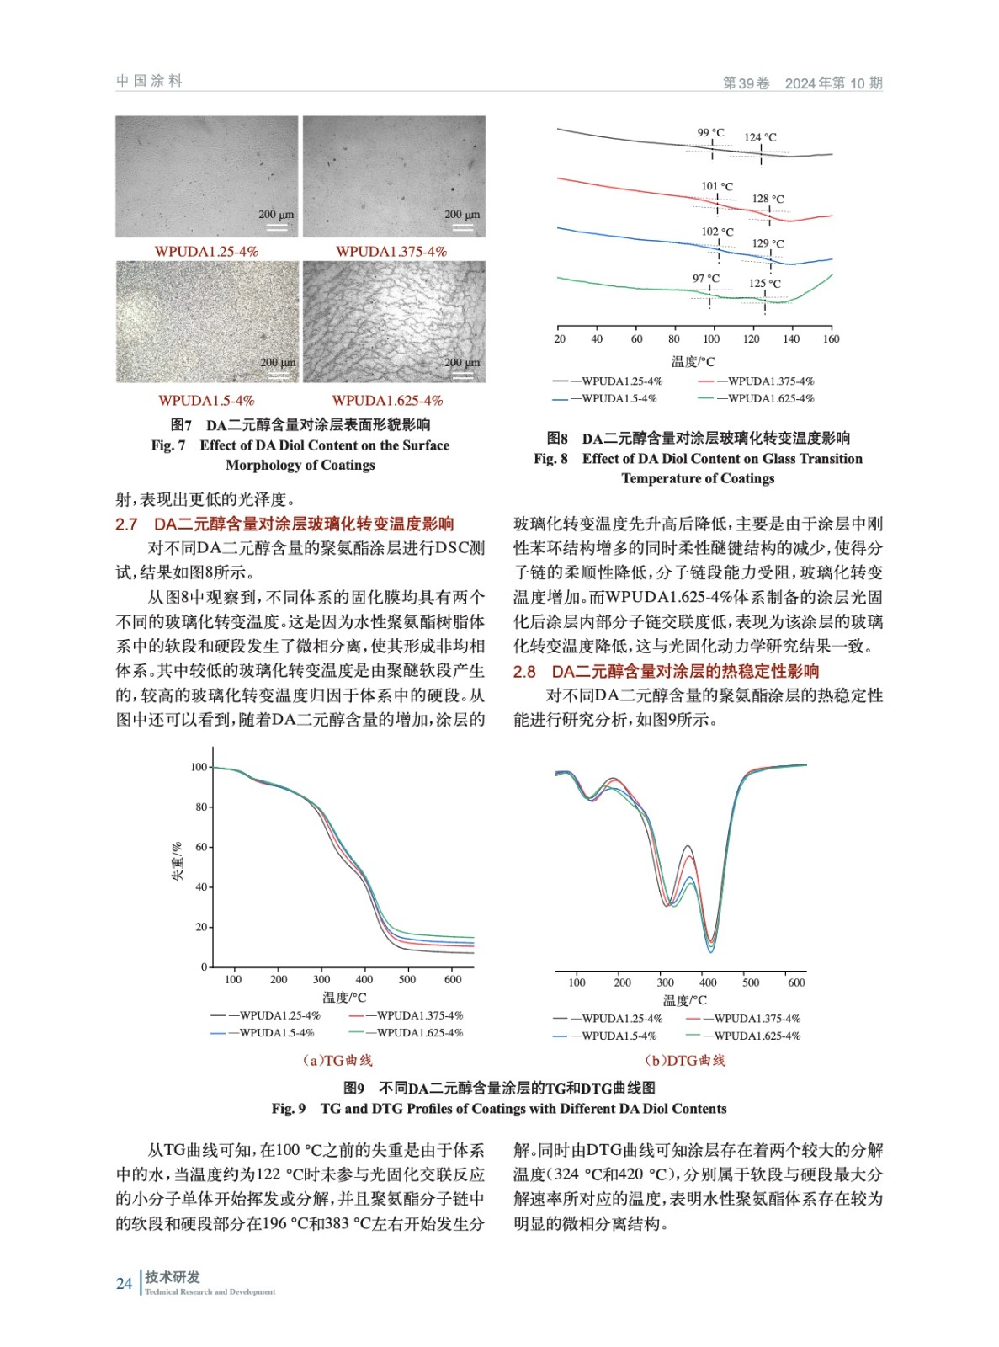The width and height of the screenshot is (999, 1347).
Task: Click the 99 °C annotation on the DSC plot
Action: [x=710, y=132]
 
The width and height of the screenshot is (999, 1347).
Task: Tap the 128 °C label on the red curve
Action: [x=768, y=199]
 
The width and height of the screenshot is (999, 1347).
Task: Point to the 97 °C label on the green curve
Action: [x=705, y=278]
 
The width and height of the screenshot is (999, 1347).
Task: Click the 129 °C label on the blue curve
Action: [x=768, y=243]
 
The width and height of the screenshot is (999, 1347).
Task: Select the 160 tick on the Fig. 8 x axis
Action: [x=831, y=338]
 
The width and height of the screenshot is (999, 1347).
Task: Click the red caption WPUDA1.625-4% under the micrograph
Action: [x=387, y=401]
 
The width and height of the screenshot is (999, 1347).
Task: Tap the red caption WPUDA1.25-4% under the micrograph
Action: [x=206, y=252]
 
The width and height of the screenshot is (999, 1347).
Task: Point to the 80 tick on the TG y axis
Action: [x=200, y=807]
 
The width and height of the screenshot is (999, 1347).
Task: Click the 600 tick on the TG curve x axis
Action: [x=453, y=979]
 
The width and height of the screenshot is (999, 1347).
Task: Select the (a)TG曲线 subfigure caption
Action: [x=337, y=1060]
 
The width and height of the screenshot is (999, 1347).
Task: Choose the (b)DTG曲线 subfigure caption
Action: [x=685, y=1060]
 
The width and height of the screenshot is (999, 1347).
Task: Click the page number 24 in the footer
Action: [x=124, y=1283]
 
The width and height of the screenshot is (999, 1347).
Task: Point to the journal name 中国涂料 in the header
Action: [x=149, y=81]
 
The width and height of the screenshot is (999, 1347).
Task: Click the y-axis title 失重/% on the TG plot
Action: [x=177, y=861]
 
